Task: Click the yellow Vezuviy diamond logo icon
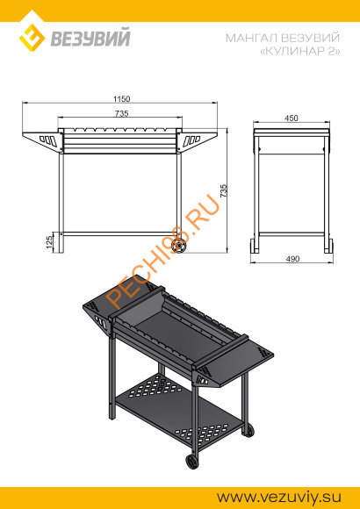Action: click(x=32, y=38)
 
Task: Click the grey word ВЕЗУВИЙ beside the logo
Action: click(x=90, y=38)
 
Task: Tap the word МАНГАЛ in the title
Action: click(x=251, y=38)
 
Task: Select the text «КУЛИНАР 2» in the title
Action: click(x=300, y=51)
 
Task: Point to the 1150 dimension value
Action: click(x=121, y=98)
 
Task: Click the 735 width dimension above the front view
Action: click(x=121, y=113)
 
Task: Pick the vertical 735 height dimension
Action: click(x=224, y=191)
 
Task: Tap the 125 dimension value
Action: click(x=49, y=242)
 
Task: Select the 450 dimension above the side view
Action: click(x=292, y=118)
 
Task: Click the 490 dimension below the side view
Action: click(x=292, y=259)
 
